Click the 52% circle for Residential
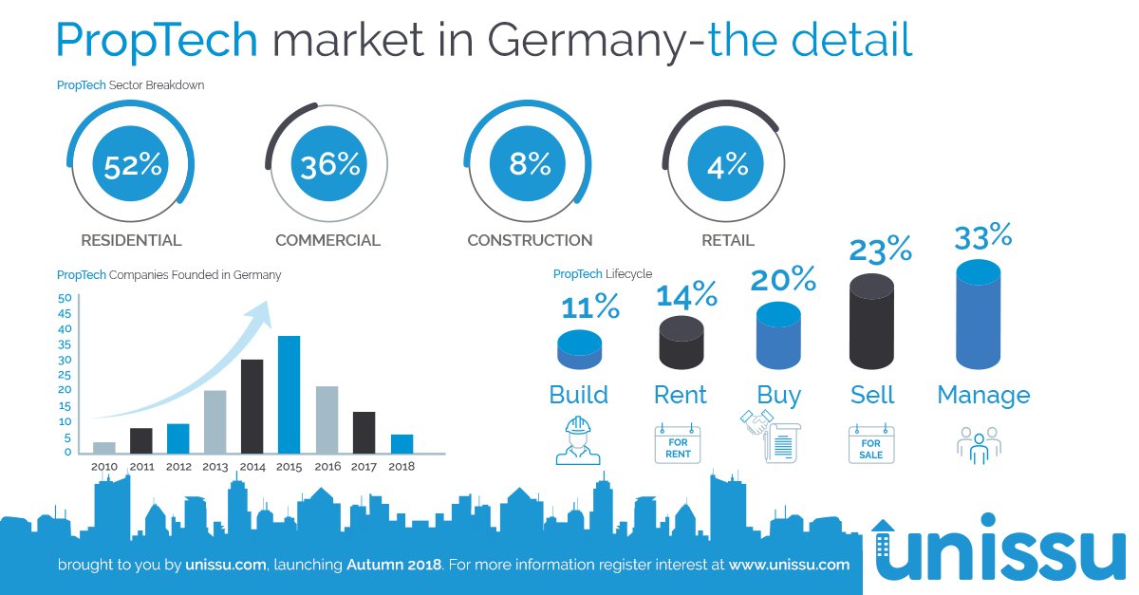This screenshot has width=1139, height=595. pyautogui.click(x=133, y=166)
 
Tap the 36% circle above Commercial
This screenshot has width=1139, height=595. pyautogui.click(x=329, y=166)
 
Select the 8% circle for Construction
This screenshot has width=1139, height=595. pyautogui.click(x=530, y=164)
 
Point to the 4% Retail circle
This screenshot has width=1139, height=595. pyautogui.click(x=728, y=166)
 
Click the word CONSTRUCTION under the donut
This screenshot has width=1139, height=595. pyautogui.click(x=530, y=241)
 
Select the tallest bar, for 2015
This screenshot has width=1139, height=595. pyautogui.click(x=289, y=394)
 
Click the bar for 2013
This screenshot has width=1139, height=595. pyautogui.click(x=215, y=421)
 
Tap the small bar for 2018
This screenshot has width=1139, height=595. pyautogui.click(x=401, y=443)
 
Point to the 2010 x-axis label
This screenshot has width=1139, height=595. pyautogui.click(x=104, y=467)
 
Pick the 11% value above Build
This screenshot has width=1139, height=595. pyautogui.click(x=590, y=307)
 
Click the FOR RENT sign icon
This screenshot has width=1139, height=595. pyautogui.click(x=678, y=444)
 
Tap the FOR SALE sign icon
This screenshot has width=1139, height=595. pyautogui.click(x=870, y=444)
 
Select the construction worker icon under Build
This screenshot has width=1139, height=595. pyautogui.click(x=578, y=440)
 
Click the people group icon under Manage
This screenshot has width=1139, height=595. pyautogui.click(x=979, y=444)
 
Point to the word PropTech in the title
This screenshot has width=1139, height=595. pyautogui.click(x=157, y=41)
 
